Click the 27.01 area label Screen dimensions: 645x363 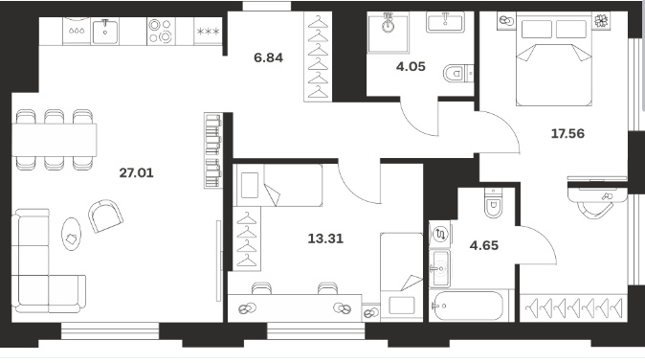[x=136, y=172]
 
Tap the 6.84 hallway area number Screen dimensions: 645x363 [x=268, y=57]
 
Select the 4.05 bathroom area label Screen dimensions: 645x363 [x=411, y=67]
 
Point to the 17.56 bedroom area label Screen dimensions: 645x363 [x=567, y=133]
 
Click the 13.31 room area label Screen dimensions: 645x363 [x=325, y=238]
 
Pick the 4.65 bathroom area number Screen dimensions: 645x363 [x=484, y=246]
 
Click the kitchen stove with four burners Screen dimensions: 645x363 [x=160, y=32]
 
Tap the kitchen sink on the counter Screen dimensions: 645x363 [x=105, y=32]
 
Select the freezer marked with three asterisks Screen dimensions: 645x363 [x=209, y=32]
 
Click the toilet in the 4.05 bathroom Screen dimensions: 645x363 [x=458, y=74]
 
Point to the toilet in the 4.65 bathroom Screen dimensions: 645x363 [x=494, y=203]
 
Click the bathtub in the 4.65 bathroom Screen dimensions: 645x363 [x=469, y=306]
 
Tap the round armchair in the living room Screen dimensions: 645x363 [x=105, y=216]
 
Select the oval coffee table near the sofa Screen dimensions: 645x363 [x=71, y=234]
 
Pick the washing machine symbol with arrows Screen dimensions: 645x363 [x=440, y=235]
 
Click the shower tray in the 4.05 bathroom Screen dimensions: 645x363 [x=389, y=33]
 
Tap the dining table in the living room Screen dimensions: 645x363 [x=54, y=140]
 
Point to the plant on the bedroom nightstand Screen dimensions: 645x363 [x=601, y=20]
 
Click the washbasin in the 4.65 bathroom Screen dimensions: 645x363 [x=440, y=269]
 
